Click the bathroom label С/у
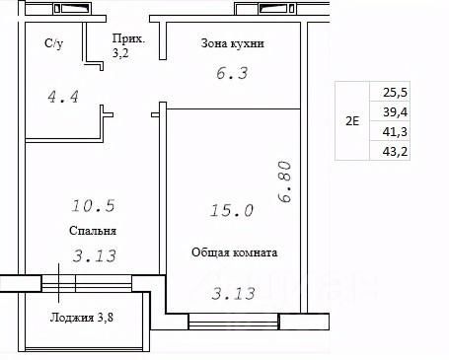point(54,43)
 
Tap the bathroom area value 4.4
point(63,97)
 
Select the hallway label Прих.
point(128,38)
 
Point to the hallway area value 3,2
point(120,53)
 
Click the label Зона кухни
point(233,43)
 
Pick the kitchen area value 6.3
point(232,73)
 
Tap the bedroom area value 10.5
point(93,206)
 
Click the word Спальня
point(93,231)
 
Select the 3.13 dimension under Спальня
point(95,256)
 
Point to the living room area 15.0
point(232,210)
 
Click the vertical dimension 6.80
point(284,181)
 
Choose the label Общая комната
point(235,252)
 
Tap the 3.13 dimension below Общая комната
point(234,294)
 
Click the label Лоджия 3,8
point(82,318)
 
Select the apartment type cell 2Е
point(352,121)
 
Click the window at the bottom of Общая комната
point(234,322)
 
